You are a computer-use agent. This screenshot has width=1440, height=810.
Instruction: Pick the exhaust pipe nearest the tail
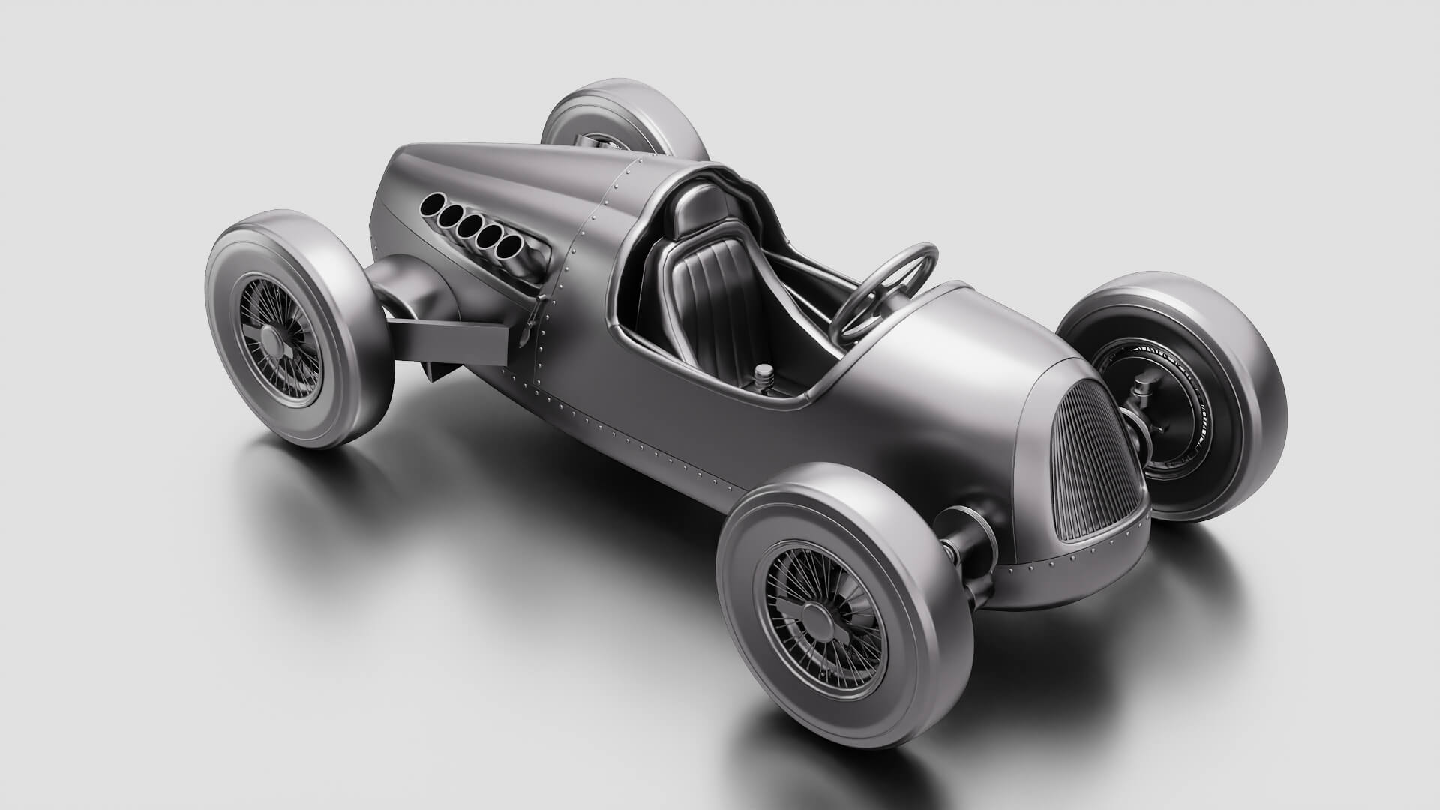click(x=433, y=202)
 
